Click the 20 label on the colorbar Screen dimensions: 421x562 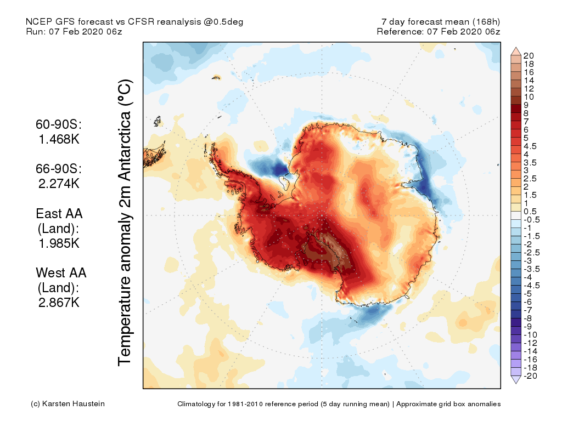tap(529, 55)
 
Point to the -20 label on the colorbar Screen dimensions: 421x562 tap(530, 376)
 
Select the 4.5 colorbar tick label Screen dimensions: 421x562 tap(531, 146)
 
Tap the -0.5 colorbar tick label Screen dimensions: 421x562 tap(531, 220)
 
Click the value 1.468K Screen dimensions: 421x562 tap(59, 139)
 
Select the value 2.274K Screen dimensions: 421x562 tap(59, 184)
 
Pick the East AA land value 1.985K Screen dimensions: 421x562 tap(59, 243)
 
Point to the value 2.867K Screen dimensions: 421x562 tap(59, 302)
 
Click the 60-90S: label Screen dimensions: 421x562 tap(59, 124)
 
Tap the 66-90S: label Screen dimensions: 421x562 tap(59, 169)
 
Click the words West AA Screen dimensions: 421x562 tap(61, 272)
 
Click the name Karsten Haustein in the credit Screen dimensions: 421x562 tap(75, 404)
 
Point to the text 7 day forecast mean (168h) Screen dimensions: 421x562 tap(441, 22)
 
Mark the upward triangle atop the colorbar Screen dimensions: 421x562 tap(515, 51)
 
